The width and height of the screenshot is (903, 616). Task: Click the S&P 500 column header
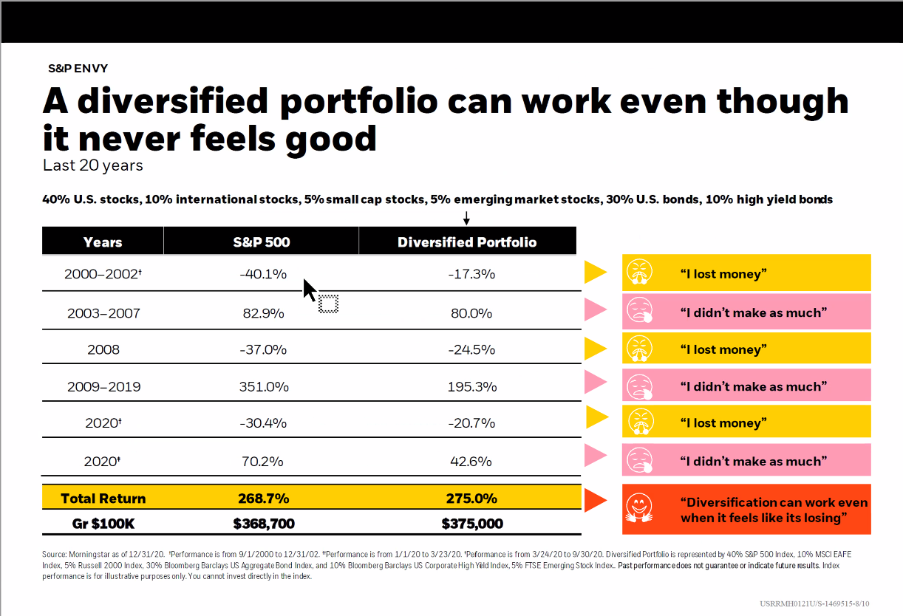tap(261, 242)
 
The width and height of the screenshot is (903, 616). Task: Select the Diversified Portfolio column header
tap(467, 242)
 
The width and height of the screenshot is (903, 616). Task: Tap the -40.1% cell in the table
tap(262, 274)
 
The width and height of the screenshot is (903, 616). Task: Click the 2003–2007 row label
tap(103, 313)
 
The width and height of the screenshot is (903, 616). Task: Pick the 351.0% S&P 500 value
tap(264, 386)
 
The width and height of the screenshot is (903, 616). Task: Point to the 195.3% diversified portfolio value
tap(471, 386)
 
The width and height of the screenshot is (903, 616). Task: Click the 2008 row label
tap(103, 349)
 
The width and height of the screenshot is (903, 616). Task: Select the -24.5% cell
tap(471, 349)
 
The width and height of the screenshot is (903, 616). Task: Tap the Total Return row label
tap(103, 499)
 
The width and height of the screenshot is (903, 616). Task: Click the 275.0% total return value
tap(471, 499)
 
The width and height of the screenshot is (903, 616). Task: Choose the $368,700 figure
tap(264, 524)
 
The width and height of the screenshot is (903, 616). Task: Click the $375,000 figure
tap(472, 524)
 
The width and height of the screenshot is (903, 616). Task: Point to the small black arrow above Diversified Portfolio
tap(466, 218)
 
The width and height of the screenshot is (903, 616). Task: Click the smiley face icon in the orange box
tap(639, 508)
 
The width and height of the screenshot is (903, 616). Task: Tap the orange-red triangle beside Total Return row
tap(595, 500)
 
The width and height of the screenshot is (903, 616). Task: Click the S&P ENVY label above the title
tap(78, 68)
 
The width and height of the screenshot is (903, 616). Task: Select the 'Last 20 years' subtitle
tap(93, 165)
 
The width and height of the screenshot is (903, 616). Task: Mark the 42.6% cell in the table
tap(471, 462)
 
